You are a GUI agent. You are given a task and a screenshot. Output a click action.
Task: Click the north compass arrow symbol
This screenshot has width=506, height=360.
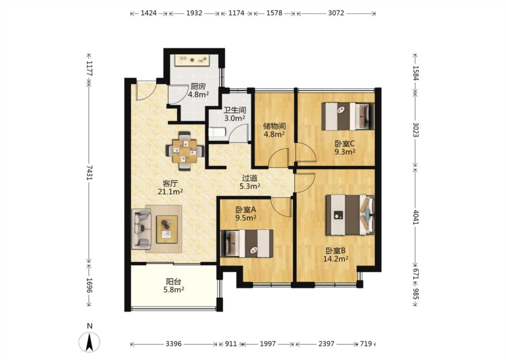90,342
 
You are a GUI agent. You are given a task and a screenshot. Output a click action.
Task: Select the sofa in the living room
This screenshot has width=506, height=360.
141,229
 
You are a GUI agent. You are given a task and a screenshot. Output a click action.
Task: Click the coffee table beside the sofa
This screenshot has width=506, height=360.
167,229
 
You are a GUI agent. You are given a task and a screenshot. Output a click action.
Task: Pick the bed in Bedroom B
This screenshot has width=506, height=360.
350,215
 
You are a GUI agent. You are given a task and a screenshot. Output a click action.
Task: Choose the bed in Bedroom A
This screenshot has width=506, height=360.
247,243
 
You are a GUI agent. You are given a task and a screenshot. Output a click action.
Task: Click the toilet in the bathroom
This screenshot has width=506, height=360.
215,133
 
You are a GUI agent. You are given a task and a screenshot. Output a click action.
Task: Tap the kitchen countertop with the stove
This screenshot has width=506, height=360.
193,60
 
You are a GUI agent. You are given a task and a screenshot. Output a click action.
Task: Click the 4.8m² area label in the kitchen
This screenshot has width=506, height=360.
198,94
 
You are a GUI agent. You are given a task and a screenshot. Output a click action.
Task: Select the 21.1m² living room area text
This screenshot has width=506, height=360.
170,191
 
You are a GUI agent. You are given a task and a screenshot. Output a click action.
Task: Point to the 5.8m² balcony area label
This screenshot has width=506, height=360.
174,290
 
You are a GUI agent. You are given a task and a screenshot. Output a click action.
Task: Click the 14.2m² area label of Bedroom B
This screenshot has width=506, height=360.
336,259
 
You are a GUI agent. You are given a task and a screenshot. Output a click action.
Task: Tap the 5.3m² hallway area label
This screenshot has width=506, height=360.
250,186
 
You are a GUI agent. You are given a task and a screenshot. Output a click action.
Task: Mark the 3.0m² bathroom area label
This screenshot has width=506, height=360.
235,118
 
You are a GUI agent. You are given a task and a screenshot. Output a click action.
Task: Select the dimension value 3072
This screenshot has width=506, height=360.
336,13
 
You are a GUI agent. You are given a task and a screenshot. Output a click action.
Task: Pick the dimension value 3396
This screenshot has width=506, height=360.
174,344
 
